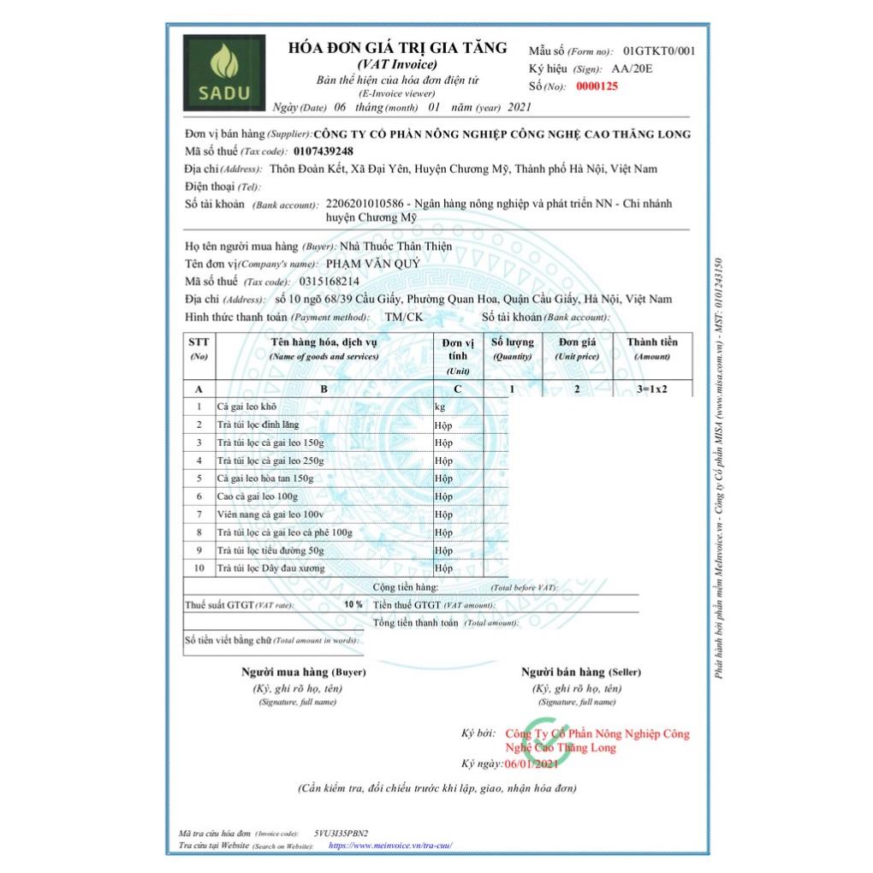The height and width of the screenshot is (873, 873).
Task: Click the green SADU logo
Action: click(x=223, y=72)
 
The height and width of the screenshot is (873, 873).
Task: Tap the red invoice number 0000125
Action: click(x=597, y=86)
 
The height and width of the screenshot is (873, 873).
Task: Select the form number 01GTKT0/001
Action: click(x=659, y=51)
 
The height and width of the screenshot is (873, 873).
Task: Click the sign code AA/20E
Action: click(x=632, y=68)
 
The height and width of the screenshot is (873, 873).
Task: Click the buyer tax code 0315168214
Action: click(x=330, y=281)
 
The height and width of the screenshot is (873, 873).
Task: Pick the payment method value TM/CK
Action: click(x=404, y=317)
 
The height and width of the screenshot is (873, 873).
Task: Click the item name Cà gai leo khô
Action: click(x=246, y=407)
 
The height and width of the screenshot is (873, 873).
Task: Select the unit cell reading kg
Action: click(x=440, y=407)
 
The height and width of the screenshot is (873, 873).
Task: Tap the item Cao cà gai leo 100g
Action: click(x=258, y=496)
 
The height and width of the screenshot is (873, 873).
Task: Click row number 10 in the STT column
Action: click(x=199, y=568)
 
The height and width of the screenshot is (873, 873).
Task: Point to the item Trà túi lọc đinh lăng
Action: click(x=258, y=425)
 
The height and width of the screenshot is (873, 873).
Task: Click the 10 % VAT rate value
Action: click(x=353, y=604)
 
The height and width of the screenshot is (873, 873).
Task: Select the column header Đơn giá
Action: click(x=576, y=342)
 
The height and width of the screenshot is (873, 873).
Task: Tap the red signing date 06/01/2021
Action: click(x=532, y=763)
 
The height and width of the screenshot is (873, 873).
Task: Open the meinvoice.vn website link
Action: click(x=389, y=846)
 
